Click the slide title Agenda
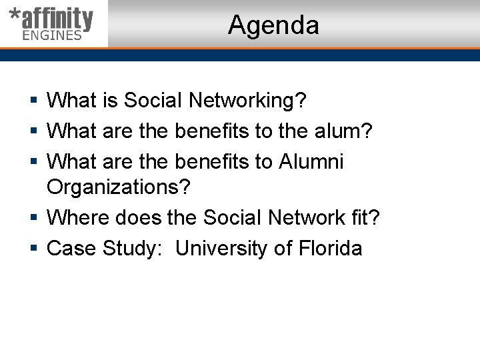pos(273,25)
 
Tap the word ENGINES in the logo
pos(52,35)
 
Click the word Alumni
pos(311,162)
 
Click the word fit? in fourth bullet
pos(365,218)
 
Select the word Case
pos(71,249)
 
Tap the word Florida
pos(330,249)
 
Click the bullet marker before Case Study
pos(33,249)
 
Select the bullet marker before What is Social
pos(33,101)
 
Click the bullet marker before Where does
pos(33,219)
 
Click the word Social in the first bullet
pos(153,101)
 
